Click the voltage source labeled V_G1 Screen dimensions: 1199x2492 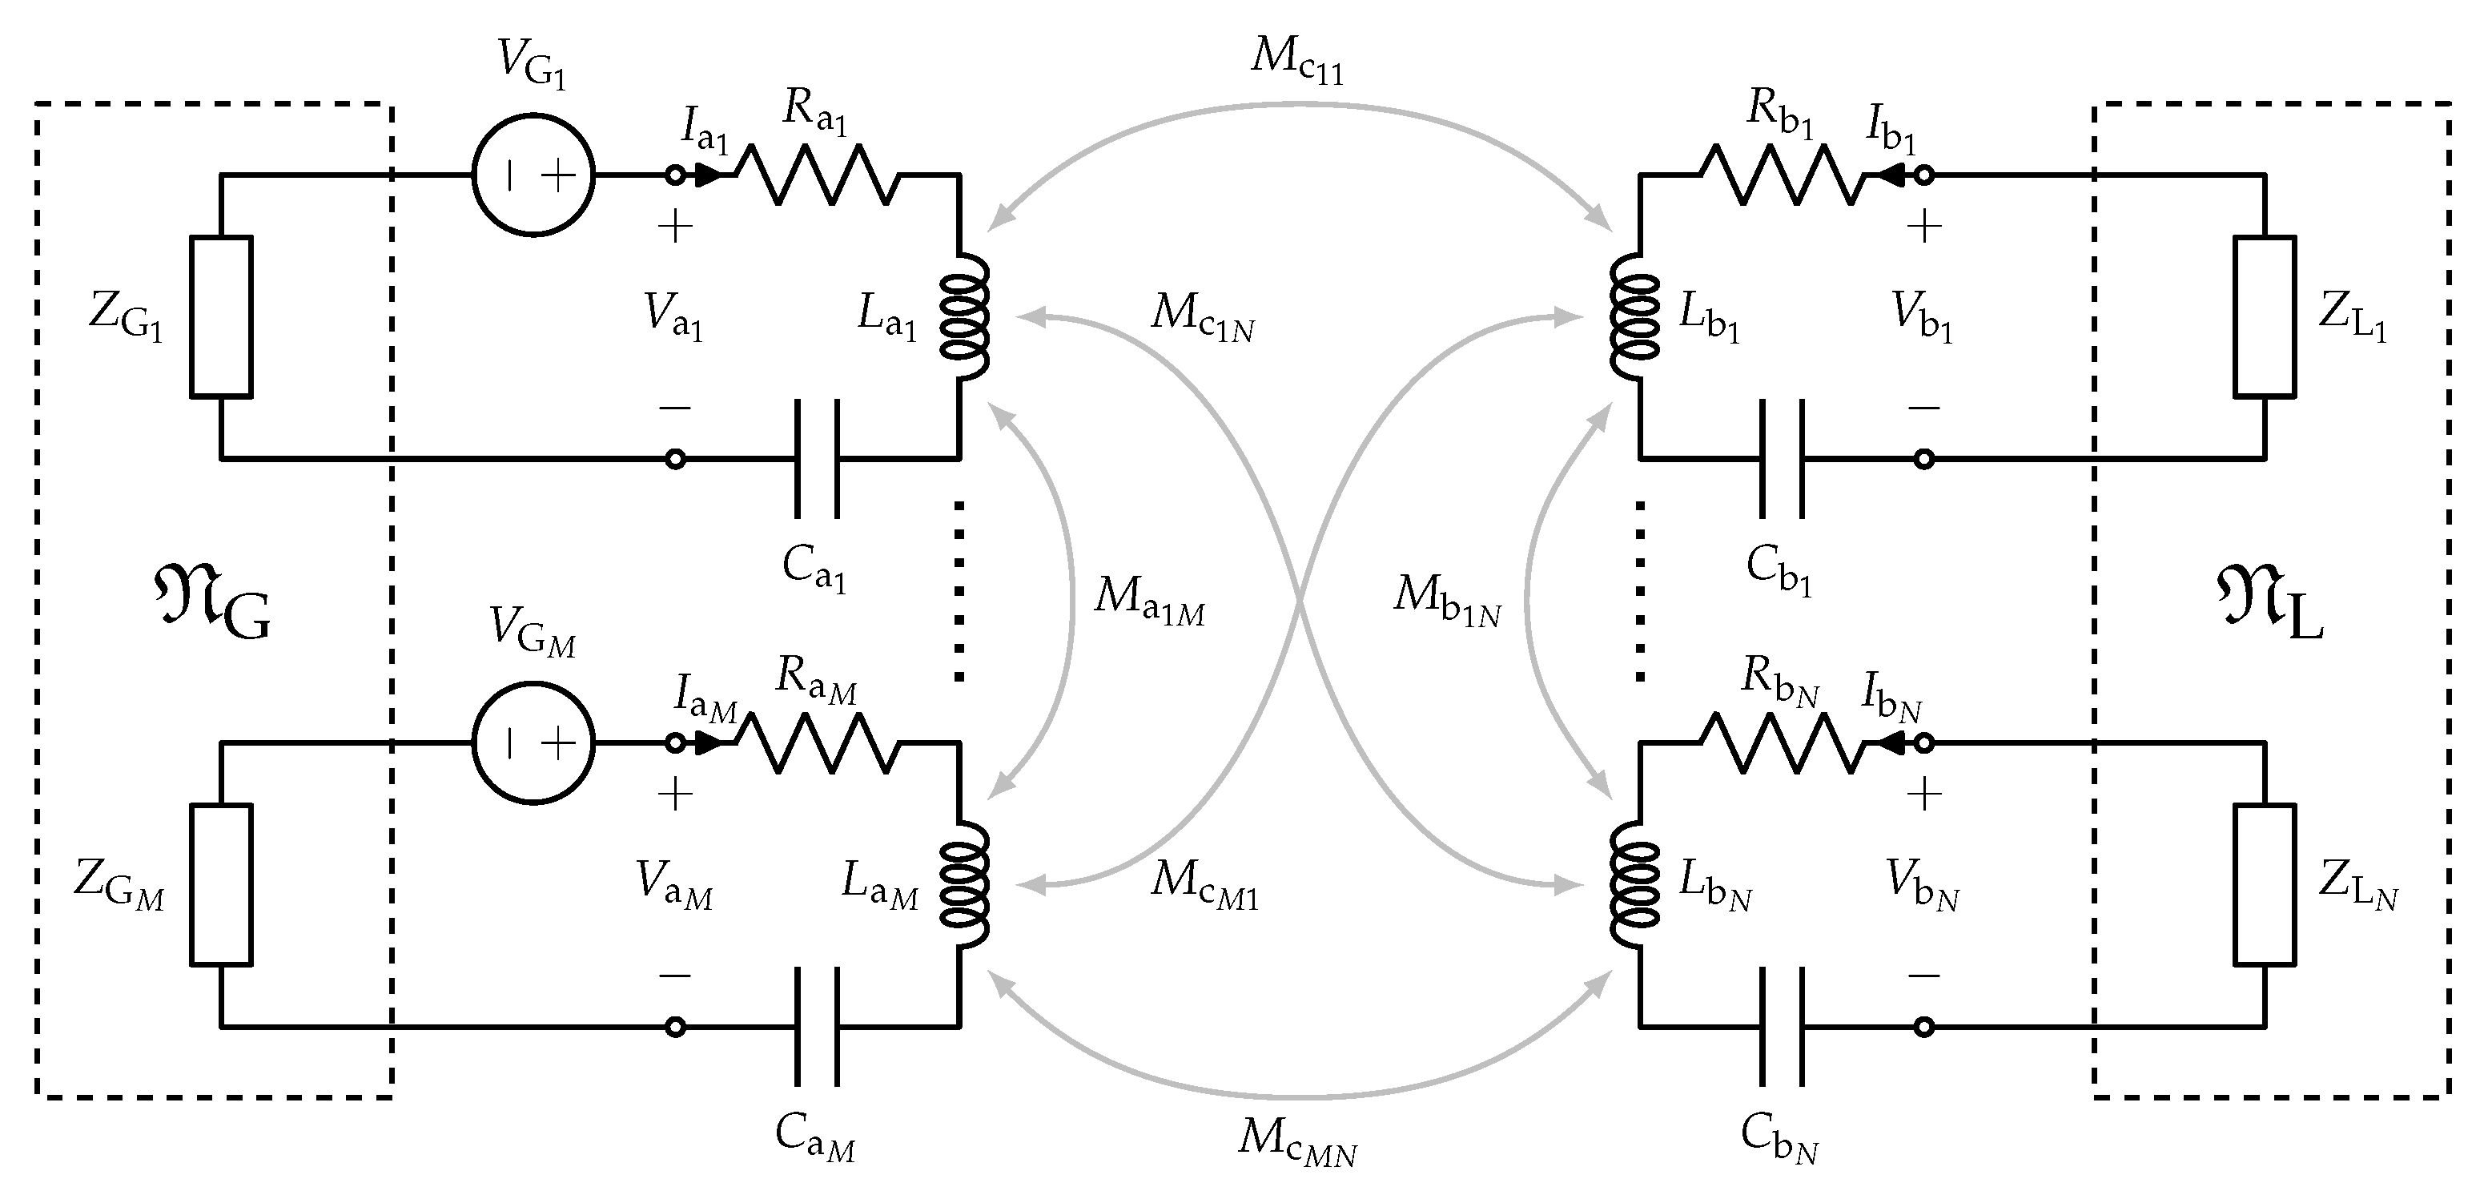click(533, 175)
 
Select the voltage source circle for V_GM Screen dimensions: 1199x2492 click(533, 743)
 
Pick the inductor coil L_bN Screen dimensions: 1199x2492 click(1635, 884)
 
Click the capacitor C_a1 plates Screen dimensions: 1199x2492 click(818, 459)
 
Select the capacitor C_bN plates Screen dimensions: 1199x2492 click(1782, 1027)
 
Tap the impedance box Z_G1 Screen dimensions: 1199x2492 click(220, 316)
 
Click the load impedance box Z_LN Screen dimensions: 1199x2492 click(2265, 884)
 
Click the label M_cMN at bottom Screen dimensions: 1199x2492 click(1296, 1140)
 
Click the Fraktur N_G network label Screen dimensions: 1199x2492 click(213, 605)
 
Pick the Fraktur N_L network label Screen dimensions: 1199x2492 click(2269, 605)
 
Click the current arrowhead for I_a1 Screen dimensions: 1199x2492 click(709, 175)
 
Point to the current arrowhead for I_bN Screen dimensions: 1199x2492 click(1888, 743)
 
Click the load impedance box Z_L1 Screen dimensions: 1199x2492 click(2265, 316)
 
